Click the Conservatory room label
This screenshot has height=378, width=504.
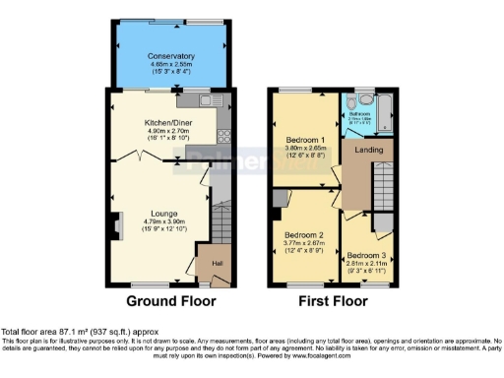(164, 56)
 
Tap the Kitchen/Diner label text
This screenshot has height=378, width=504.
(164, 123)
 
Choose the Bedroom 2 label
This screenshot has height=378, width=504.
(304, 236)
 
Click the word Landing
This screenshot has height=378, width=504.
(367, 151)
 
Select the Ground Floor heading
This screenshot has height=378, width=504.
(164, 300)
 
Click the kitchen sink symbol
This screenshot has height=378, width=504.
(210, 99)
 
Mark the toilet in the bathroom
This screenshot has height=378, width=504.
(365, 100)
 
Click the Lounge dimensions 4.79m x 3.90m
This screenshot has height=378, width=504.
(163, 222)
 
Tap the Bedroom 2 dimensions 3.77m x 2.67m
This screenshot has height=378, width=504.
(304, 246)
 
